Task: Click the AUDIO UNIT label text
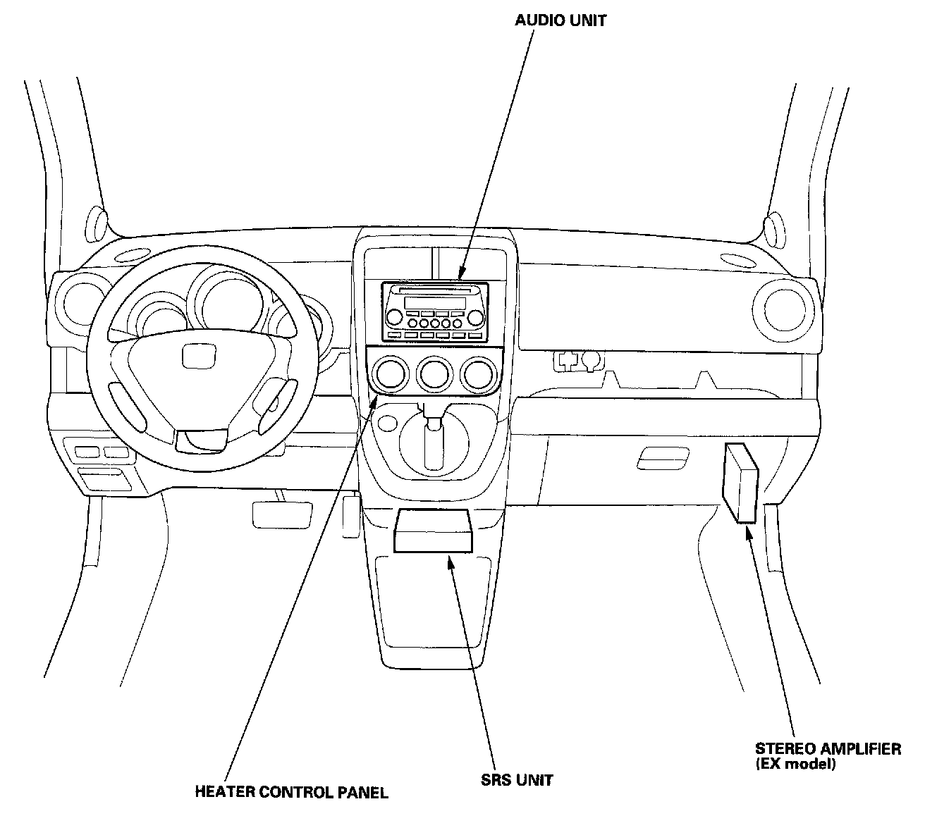tap(560, 20)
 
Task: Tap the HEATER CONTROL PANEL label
tap(291, 792)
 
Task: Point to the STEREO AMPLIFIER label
tap(828, 749)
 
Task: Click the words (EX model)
tap(795, 764)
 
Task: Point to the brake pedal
tap(282, 514)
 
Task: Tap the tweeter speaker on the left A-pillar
tap(98, 225)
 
